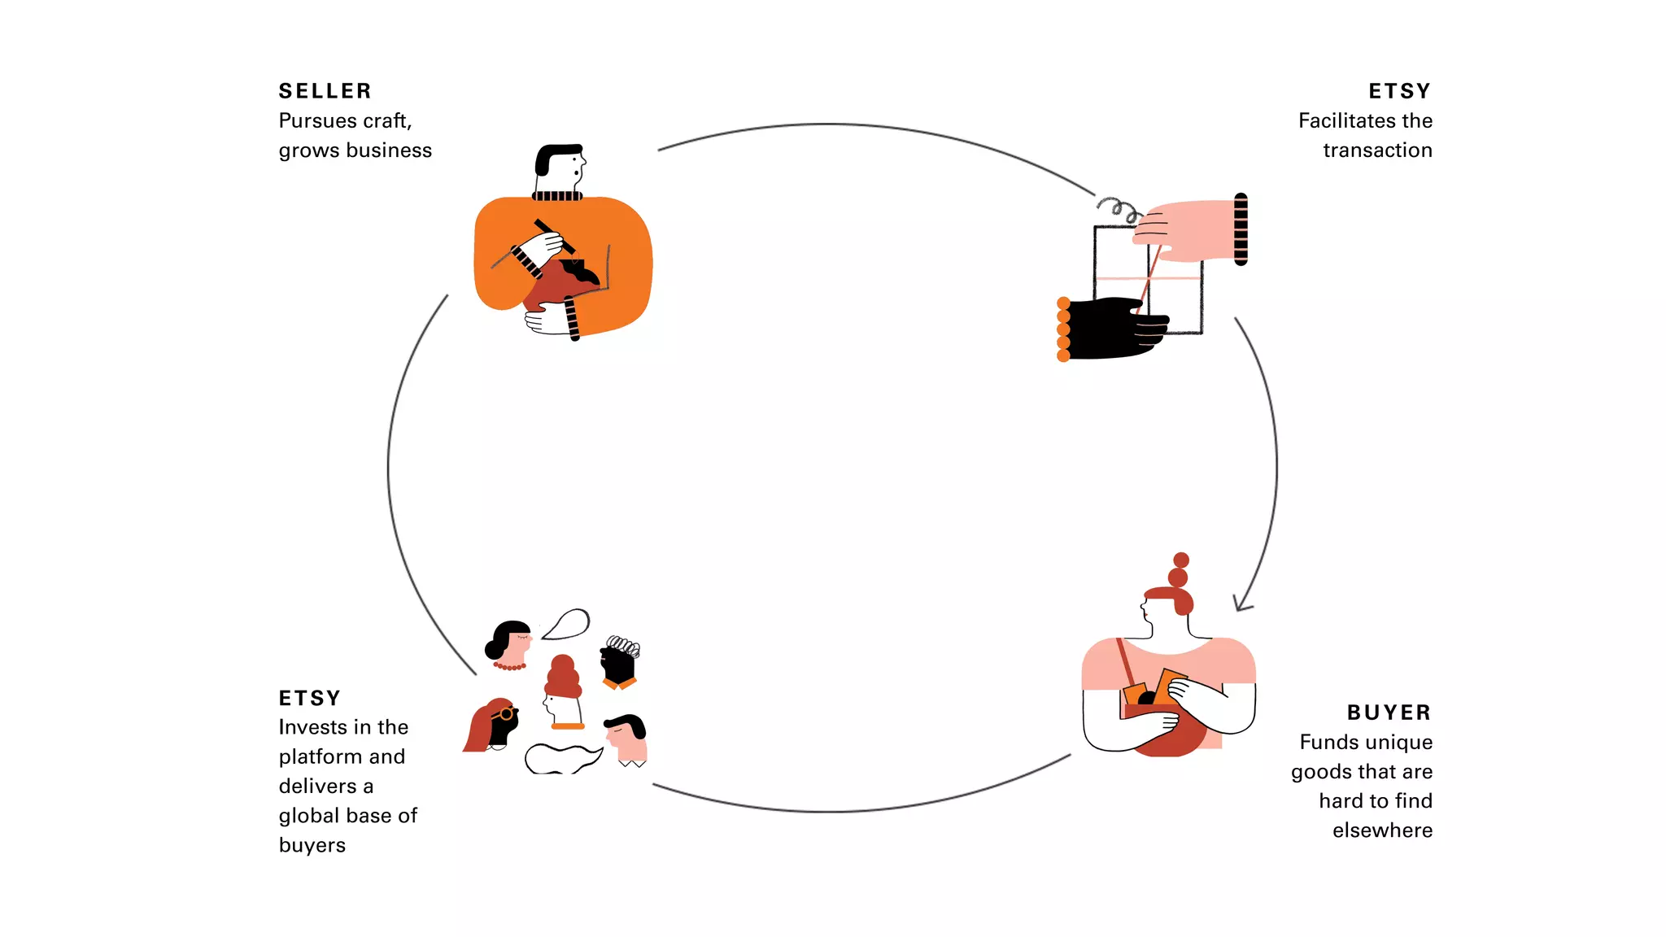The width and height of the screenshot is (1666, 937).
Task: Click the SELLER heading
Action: point(325,91)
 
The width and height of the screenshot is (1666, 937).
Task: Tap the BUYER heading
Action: point(1389,713)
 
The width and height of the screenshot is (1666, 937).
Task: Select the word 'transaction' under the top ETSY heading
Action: point(1377,150)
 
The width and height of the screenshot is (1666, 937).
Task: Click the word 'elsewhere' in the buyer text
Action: point(1382,830)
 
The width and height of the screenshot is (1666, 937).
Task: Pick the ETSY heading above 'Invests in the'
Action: point(309,699)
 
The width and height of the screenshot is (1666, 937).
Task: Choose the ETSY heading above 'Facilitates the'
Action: point(1399,91)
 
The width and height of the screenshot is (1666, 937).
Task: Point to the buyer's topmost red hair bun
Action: point(1181,560)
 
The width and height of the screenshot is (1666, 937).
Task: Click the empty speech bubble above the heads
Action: point(567,624)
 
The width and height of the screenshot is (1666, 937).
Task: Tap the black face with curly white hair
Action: point(619,663)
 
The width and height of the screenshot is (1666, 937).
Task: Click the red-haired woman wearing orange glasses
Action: point(495,725)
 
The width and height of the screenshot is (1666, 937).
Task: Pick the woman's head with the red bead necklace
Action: point(510,643)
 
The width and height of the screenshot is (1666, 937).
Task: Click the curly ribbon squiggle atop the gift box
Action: point(1119,209)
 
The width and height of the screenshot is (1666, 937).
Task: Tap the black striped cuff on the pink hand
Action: point(1241,229)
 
